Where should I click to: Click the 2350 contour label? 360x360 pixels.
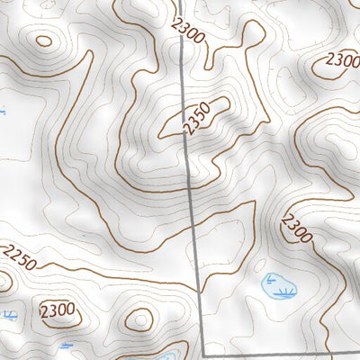coord(196,117)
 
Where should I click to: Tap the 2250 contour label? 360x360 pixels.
coord(20,259)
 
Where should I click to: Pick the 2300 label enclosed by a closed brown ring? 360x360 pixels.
coord(57,310)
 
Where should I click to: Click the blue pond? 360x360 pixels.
coord(277,286)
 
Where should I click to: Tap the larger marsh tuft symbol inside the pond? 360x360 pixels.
coord(285,292)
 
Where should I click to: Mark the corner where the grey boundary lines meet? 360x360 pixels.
coord(202,350)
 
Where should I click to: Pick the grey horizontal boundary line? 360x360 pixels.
coord(279,351)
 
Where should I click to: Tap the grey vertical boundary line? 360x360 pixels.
coord(191,180)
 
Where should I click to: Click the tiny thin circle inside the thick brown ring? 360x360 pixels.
coord(139,318)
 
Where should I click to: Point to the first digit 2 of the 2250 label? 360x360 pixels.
coord(8,254)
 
